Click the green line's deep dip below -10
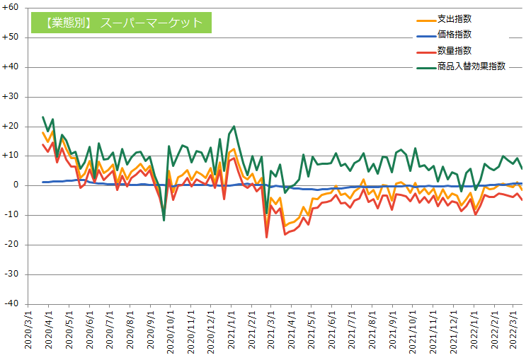(164, 220)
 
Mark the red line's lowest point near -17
(267, 237)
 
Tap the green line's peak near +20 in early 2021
(234, 127)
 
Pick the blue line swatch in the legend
(426, 35)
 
